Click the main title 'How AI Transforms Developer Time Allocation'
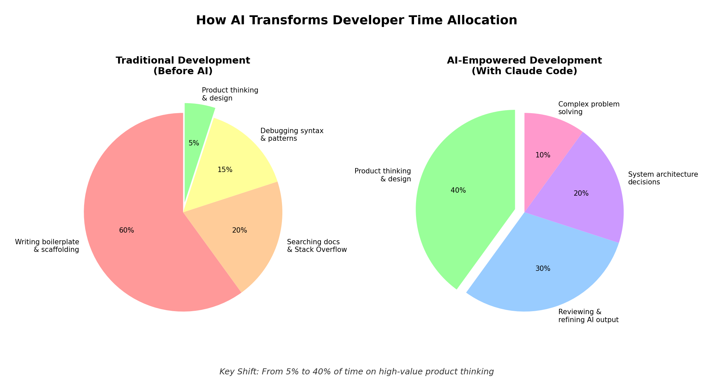tap(356, 20)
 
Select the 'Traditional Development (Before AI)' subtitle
tap(183, 66)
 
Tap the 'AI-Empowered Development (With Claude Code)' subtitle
tap(524, 66)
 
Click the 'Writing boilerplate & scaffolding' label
tap(47, 246)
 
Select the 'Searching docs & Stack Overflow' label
tap(317, 246)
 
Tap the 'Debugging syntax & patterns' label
tap(292, 134)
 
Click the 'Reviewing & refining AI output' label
tap(588, 316)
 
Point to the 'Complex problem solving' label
tap(589, 108)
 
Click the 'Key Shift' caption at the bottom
tap(356, 372)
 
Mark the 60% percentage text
tap(126, 230)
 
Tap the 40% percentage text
tap(458, 190)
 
